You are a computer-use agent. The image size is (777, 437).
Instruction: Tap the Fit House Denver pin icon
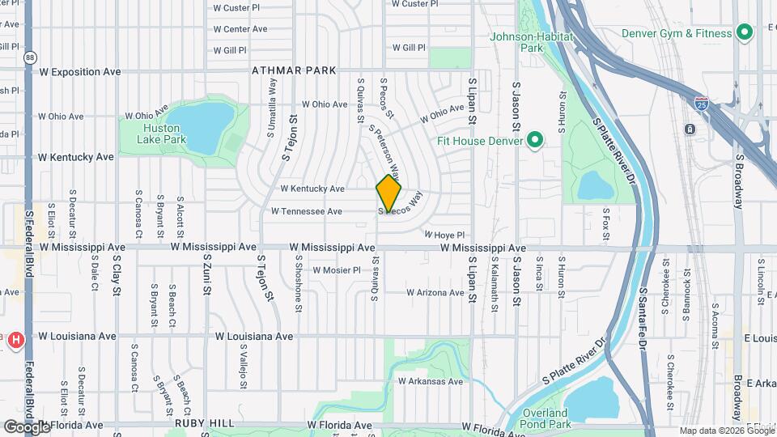[534, 142]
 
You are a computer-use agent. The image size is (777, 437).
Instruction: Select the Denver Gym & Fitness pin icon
[748, 32]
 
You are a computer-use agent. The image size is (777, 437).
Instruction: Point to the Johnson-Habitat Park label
[531, 42]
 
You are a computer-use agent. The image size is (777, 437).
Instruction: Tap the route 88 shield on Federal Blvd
[30, 57]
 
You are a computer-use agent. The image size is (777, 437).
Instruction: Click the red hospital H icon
[15, 342]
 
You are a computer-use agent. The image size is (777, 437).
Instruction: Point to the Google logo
[27, 426]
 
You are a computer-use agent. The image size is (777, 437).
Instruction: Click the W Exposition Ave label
[80, 71]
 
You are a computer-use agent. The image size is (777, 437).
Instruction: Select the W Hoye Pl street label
[444, 235]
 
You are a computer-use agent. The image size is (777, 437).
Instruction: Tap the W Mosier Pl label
[336, 270]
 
